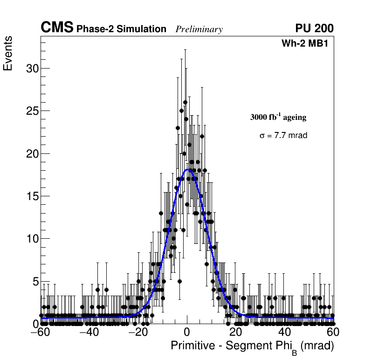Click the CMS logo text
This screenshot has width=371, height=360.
57,28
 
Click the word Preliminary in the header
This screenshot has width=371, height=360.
199,29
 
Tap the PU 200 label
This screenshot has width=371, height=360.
314,28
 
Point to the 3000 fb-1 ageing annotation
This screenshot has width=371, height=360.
278,117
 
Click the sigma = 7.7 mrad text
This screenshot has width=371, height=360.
283,136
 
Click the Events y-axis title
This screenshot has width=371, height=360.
8,54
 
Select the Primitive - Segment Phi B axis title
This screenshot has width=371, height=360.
252,346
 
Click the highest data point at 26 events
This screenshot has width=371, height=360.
185,102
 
